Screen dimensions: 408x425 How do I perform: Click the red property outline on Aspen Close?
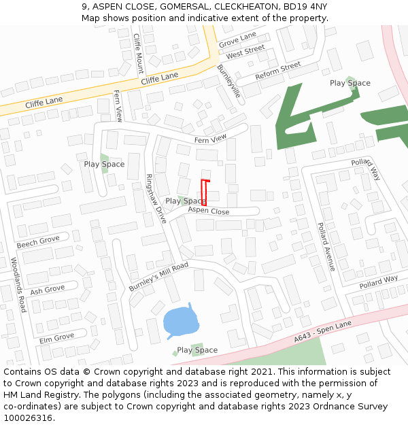[204, 190]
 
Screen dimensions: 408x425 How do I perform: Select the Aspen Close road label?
[209, 211]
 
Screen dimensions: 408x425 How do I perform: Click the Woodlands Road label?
[18, 284]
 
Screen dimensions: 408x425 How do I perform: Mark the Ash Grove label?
[47, 290]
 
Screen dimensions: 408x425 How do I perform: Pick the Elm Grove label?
[56, 337]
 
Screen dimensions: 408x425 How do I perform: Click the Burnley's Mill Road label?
[158, 277]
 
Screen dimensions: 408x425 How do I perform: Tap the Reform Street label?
[277, 71]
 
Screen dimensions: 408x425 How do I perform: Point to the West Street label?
[245, 52]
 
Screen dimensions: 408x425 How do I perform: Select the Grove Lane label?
[237, 39]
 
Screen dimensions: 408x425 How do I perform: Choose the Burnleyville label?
[229, 82]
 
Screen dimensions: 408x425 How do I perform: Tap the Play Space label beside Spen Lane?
[197, 350]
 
